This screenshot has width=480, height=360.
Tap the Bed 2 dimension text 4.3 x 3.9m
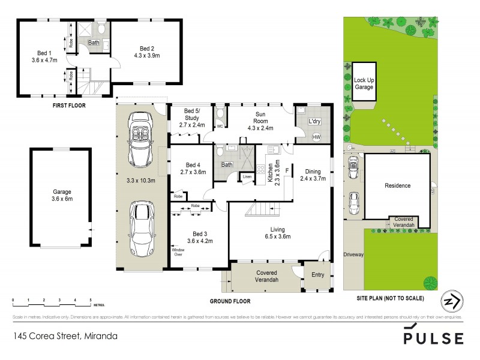pyautogui.click(x=147, y=56)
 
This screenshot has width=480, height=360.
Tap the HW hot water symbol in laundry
pyautogui.click(x=316, y=137)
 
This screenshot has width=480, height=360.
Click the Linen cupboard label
pyautogui.click(x=247, y=176)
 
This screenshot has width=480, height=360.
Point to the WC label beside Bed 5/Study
pyautogui.click(x=220, y=127)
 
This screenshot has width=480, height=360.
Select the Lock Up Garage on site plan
pyautogui.click(x=364, y=83)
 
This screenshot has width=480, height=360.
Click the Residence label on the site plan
pyautogui.click(x=397, y=185)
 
